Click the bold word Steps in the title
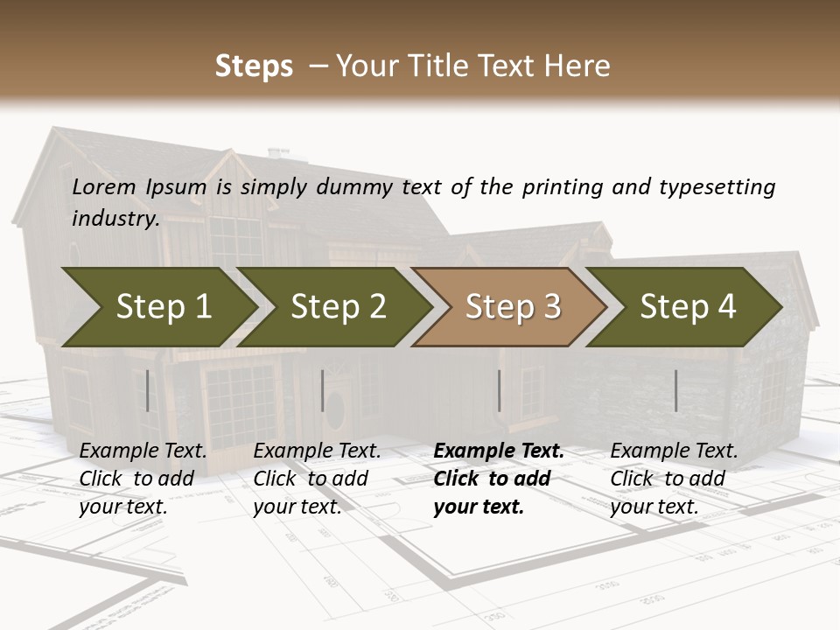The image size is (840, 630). point(254,66)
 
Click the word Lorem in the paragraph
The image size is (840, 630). point(104,187)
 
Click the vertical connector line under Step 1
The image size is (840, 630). point(148,390)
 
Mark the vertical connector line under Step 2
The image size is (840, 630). point(323,390)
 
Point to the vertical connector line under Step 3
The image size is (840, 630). point(500,390)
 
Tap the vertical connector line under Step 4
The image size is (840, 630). point(676,390)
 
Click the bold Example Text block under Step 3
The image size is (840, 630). point(499,479)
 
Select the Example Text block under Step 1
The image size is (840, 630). point(143,479)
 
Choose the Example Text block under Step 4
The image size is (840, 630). point(674,479)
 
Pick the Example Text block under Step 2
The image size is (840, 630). point(317,479)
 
